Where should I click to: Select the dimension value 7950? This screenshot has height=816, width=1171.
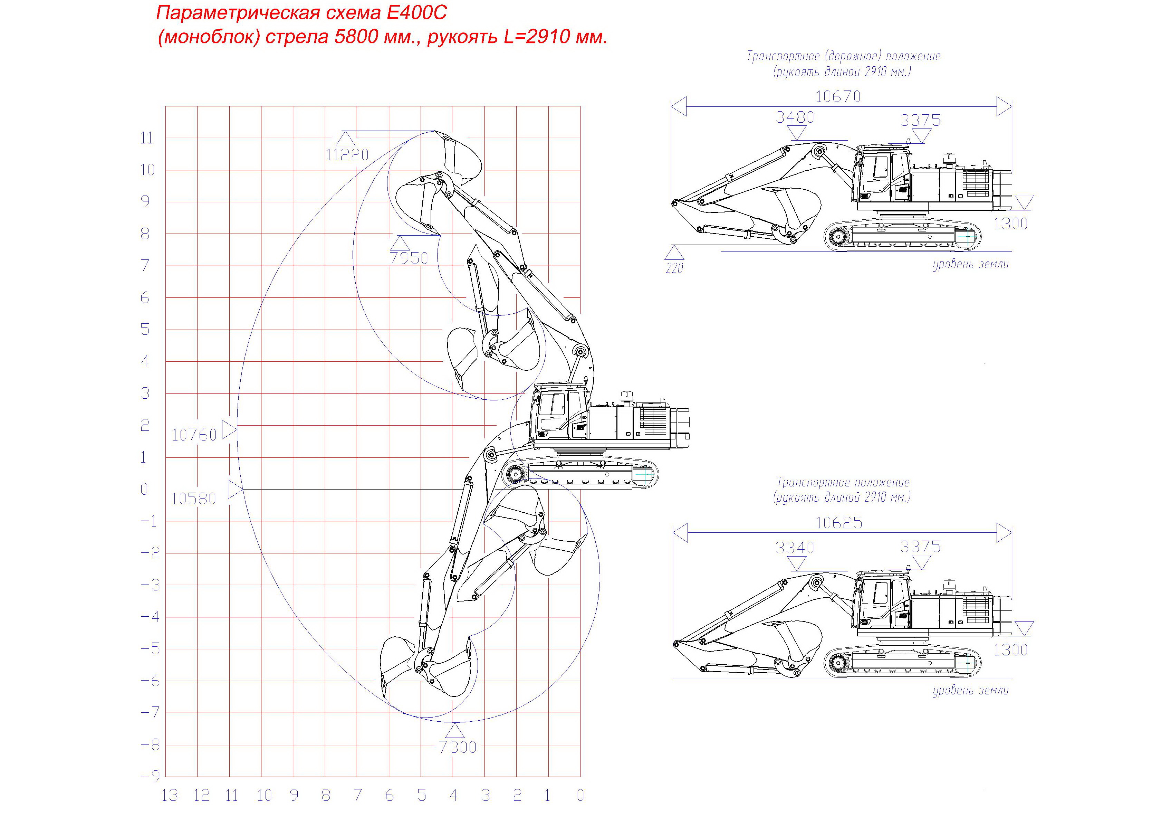point(409,258)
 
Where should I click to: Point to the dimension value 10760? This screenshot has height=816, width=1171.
point(194,435)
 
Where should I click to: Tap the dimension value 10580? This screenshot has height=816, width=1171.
point(194,499)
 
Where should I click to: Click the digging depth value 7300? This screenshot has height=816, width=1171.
point(458,747)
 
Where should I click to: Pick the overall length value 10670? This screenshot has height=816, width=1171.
point(838,96)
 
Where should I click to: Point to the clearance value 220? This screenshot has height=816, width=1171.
point(674,268)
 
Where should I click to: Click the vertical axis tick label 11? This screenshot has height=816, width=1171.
point(146,138)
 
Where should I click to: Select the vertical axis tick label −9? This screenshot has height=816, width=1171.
point(151,777)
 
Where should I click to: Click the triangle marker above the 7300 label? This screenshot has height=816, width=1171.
point(455,731)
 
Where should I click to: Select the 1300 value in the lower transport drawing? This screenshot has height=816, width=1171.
point(1010,650)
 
